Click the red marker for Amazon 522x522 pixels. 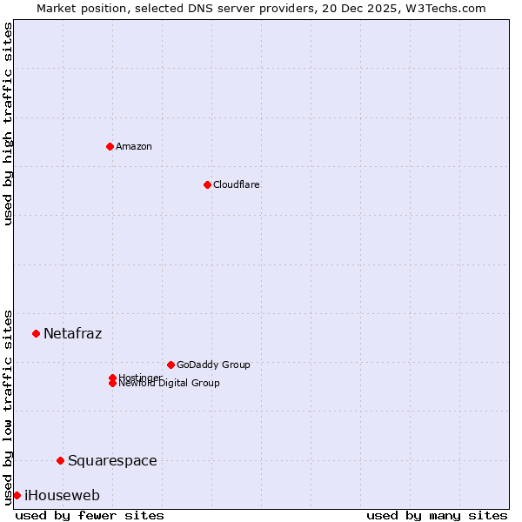click(110, 146)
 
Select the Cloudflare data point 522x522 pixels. click(207, 184)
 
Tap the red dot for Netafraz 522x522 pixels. click(36, 333)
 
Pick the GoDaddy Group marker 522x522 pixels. click(171, 365)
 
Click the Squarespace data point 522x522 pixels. click(60, 460)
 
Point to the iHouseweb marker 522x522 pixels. click(17, 495)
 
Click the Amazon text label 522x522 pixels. click(133, 146)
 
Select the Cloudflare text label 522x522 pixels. click(236, 184)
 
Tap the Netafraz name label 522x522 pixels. click(72, 333)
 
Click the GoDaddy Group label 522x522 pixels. click(213, 365)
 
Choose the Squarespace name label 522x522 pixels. click(112, 460)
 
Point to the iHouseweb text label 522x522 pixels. click(62, 495)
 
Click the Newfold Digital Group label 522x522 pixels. click(169, 384)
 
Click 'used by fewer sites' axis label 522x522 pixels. click(90, 515)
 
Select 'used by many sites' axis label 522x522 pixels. click(437, 515)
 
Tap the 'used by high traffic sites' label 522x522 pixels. click(9, 124)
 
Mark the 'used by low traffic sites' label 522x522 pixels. click(9, 406)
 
